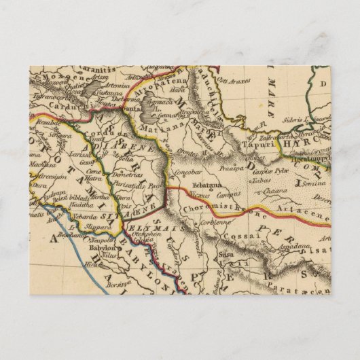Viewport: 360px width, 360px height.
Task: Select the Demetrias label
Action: (118, 173)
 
